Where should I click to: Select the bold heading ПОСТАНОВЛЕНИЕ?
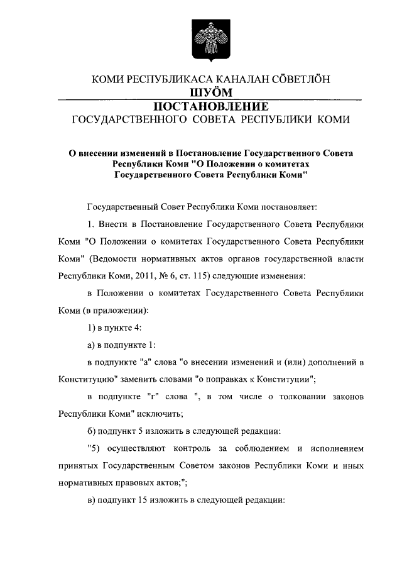(x=210, y=106)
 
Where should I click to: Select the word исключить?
(x=163, y=414)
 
